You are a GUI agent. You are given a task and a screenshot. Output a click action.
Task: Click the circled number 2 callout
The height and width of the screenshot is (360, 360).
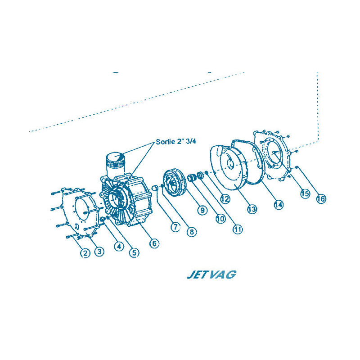[85, 253]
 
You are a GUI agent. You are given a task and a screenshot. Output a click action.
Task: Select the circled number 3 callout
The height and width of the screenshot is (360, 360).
[99, 252]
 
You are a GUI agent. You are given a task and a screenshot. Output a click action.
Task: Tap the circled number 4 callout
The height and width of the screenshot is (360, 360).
[119, 247]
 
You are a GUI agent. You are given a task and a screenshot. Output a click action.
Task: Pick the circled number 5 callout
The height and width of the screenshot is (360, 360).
[134, 253]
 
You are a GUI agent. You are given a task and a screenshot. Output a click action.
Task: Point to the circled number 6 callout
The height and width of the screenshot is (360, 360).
[154, 243]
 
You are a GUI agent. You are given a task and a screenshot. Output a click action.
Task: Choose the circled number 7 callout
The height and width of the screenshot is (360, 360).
[175, 227]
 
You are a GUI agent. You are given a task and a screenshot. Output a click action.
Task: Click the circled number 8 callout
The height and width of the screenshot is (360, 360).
[192, 232]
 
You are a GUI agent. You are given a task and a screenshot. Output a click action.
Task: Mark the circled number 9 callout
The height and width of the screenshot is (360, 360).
[202, 210]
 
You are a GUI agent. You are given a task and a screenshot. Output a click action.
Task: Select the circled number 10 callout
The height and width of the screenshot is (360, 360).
[220, 219]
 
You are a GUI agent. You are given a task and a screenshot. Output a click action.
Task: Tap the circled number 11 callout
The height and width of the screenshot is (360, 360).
[238, 229]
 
